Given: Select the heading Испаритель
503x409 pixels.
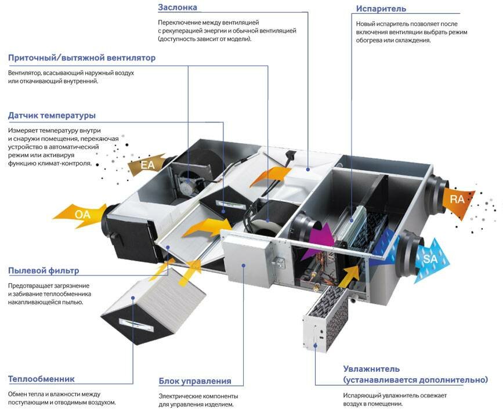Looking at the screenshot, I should pyautogui.click(x=381, y=9).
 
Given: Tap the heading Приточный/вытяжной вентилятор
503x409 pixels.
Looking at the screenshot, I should pyautogui.click(x=82, y=58).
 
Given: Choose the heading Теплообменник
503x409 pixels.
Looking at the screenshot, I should pyautogui.click(x=41, y=379).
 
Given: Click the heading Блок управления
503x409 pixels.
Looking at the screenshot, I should pyautogui.click(x=195, y=381).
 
